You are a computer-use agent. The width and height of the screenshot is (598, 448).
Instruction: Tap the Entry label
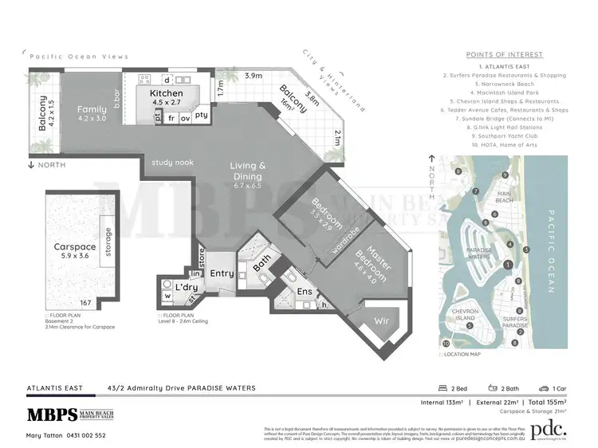click(222, 273)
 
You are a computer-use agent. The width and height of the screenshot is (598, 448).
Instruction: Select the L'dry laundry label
click(187, 286)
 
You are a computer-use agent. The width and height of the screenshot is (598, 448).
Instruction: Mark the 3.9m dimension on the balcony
click(253, 77)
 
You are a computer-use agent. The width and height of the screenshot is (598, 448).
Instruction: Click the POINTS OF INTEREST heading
click(509, 54)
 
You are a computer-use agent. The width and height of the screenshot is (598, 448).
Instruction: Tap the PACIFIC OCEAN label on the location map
click(552, 253)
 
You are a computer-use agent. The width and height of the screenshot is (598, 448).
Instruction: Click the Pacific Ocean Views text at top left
click(78, 57)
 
